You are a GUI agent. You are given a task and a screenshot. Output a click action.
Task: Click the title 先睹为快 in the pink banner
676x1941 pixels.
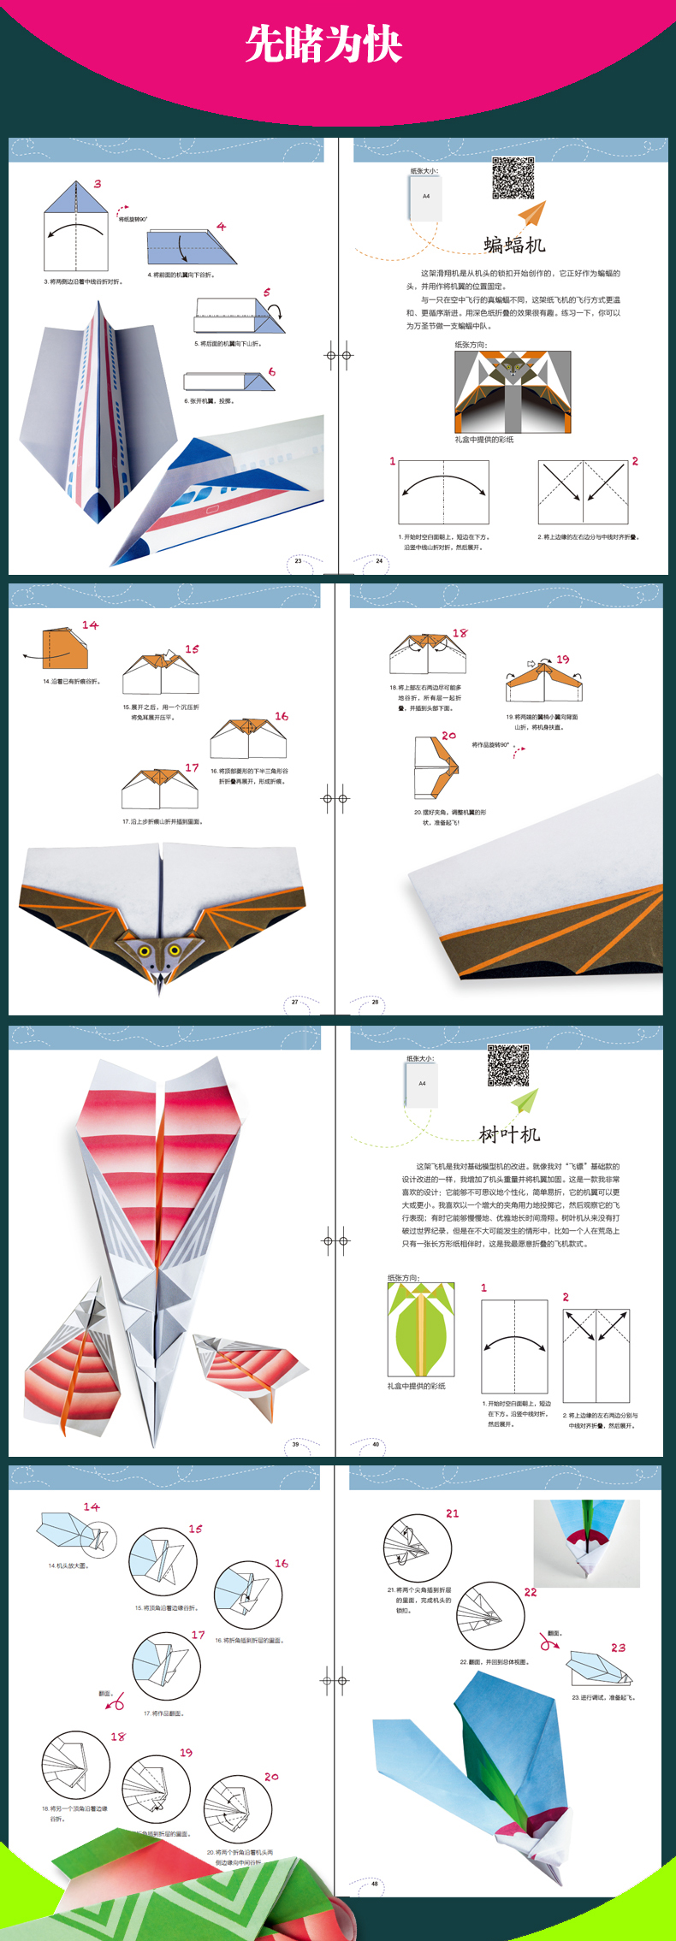pos(323,44)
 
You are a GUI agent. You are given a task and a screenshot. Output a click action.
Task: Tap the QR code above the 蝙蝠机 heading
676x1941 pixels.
pos(513,178)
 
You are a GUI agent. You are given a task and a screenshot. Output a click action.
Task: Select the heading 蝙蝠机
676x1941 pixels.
pos(514,246)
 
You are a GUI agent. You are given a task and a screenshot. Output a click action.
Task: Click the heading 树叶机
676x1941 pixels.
pos(509,1134)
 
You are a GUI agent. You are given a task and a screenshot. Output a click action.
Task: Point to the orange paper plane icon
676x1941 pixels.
pos(531,213)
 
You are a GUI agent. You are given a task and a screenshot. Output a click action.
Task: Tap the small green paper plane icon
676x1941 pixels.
pos(525,1100)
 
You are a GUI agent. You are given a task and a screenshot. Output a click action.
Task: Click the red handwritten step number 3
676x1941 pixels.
pos(98,184)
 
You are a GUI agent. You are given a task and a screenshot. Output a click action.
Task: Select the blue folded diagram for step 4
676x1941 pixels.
pos(190,248)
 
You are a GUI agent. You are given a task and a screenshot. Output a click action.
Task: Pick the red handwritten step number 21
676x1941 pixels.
pos(452,1513)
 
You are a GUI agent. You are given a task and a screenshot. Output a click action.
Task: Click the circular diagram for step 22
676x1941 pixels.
pos(490,1616)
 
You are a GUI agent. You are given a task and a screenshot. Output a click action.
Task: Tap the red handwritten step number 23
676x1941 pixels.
pos(618,1648)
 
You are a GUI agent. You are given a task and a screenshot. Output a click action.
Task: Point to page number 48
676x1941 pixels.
pos(374,1883)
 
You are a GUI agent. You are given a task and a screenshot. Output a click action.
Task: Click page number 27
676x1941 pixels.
pos(295,1002)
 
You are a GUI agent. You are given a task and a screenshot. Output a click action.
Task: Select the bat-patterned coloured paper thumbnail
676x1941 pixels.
pos(513,392)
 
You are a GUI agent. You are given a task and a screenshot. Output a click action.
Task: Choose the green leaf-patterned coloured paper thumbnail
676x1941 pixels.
pos(420,1329)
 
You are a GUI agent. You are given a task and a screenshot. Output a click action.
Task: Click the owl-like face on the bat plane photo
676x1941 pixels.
pos(158,952)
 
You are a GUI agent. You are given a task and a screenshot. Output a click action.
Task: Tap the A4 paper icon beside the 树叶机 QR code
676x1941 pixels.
pos(422,1085)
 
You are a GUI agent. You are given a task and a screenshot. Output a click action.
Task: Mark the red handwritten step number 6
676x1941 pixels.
pos(271,372)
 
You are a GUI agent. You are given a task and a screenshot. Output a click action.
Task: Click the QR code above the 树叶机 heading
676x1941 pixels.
pos(508,1065)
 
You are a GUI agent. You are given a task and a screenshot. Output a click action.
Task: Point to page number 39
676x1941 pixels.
pos(295,1444)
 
